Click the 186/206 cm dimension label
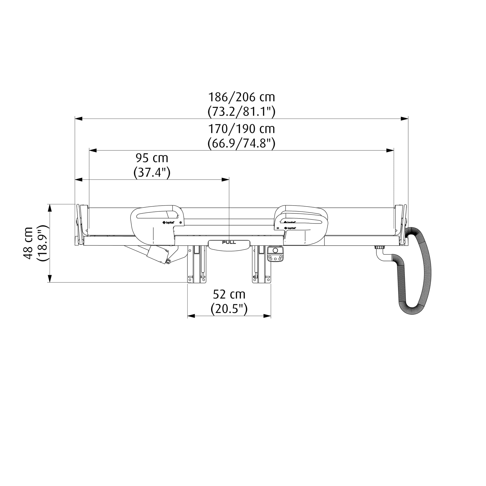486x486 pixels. tap(242, 97)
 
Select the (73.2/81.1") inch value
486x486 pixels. tap(242, 112)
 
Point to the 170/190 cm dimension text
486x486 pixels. tap(242, 129)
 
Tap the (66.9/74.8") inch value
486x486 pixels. tap(242, 143)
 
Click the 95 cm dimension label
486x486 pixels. tap(152, 158)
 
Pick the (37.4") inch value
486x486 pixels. tap(152, 173)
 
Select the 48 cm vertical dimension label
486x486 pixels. tap(28, 243)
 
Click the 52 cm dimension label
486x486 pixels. tap(229, 294)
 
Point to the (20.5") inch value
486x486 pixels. tap(229, 309)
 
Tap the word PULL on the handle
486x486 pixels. tap(229, 243)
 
